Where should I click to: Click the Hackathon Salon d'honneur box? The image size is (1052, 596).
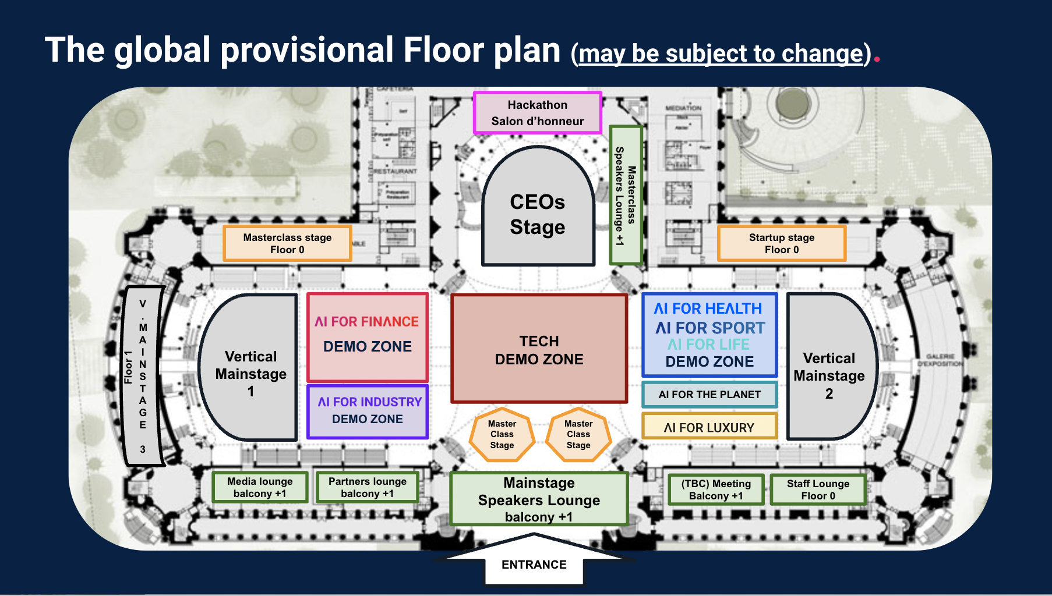(537, 113)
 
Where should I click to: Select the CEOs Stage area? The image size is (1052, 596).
(538, 214)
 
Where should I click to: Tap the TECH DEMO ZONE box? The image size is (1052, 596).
(539, 349)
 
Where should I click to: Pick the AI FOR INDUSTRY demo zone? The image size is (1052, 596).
(368, 411)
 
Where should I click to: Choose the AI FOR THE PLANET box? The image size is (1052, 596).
(709, 395)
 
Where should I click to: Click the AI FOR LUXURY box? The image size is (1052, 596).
(709, 427)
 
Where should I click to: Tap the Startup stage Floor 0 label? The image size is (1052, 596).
(781, 243)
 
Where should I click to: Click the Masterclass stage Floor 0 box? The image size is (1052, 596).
(287, 243)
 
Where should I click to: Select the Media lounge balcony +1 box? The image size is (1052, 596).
(260, 487)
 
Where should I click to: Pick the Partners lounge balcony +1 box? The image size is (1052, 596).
(367, 487)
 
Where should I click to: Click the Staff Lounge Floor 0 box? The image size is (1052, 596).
(818, 489)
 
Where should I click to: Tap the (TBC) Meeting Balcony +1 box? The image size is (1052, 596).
(716, 489)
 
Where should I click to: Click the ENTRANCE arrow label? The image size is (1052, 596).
(534, 565)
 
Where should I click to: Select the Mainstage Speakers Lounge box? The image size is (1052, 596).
(539, 499)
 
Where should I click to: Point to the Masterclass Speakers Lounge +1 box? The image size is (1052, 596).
(626, 196)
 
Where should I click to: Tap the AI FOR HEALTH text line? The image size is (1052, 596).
(708, 308)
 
